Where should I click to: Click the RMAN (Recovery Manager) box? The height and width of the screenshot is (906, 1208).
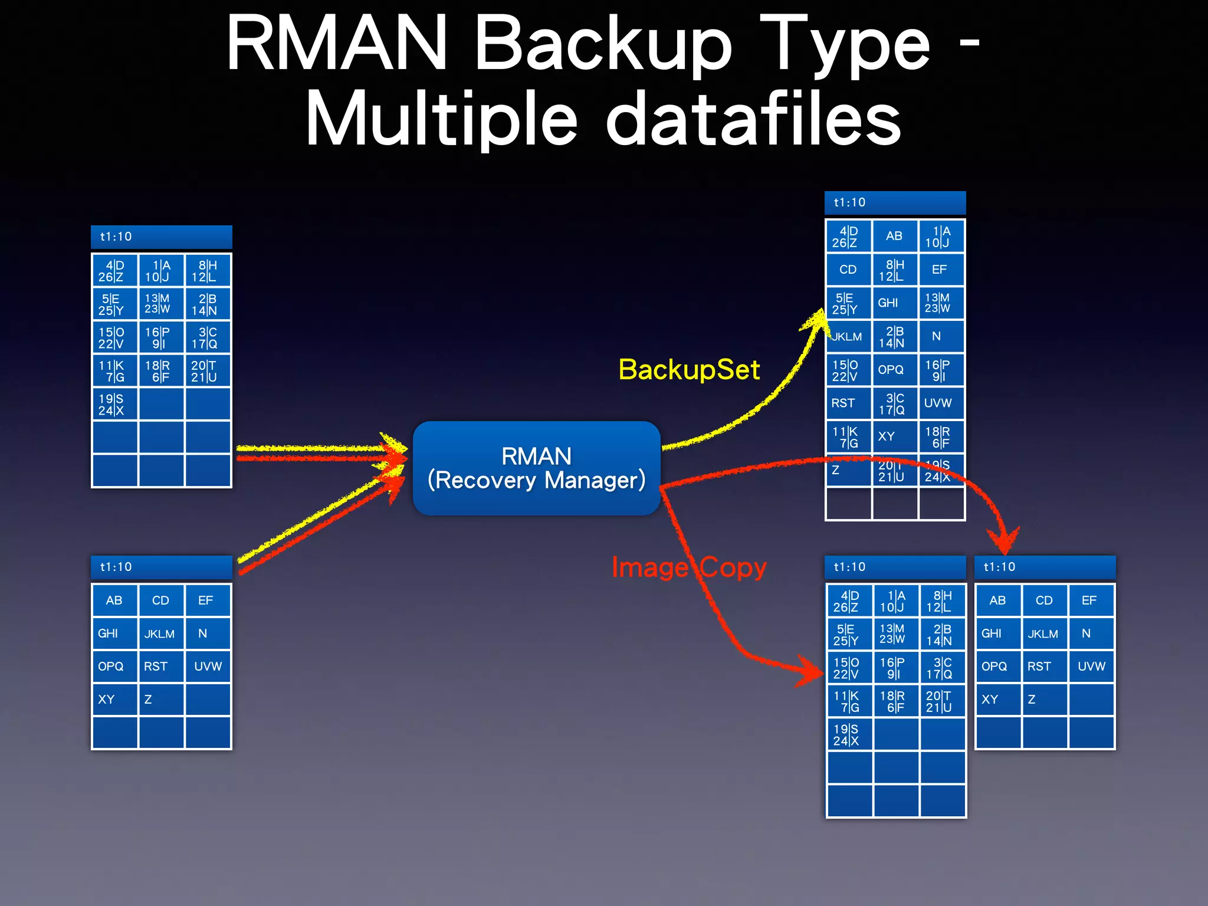[536, 468]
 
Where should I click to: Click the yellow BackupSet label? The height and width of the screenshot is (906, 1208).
[689, 370]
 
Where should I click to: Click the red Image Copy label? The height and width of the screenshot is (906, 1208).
[689, 567]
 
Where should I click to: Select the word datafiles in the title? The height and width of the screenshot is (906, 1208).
[753, 120]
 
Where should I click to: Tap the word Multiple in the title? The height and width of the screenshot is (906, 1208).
[441, 120]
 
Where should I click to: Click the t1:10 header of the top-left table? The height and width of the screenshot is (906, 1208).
[161, 237]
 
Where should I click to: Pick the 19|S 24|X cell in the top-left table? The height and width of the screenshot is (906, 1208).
[114, 405]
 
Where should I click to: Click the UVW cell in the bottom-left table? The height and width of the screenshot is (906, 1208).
[208, 667]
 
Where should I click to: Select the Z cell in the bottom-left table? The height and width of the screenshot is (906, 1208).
[160, 700]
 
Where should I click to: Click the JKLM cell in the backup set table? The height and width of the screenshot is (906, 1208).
[848, 337]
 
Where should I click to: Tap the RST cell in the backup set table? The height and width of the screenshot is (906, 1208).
[848, 403]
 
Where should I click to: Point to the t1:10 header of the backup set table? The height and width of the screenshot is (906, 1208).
[895, 202]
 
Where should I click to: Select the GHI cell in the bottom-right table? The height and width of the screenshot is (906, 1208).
[997, 633]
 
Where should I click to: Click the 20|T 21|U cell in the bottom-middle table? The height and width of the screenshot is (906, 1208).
[942, 701]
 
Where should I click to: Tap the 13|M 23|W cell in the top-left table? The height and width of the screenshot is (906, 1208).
[160, 304]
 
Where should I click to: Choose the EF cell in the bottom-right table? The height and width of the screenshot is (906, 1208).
[1091, 600]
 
